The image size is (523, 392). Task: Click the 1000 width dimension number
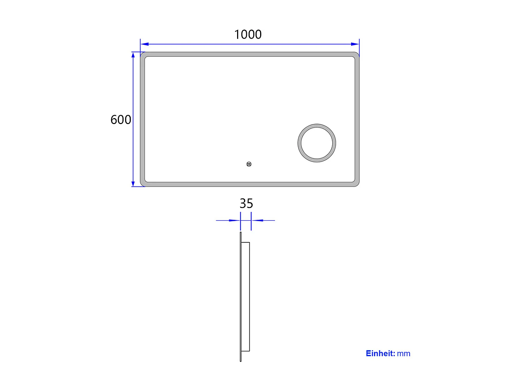(x=248, y=34)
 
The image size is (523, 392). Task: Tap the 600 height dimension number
(x=121, y=120)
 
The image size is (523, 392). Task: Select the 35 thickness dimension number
(x=246, y=203)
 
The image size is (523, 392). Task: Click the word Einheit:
(x=380, y=353)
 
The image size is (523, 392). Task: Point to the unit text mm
(x=404, y=353)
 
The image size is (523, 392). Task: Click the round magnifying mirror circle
(x=317, y=143)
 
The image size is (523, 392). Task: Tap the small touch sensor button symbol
(x=249, y=164)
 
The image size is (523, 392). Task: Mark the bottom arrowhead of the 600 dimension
(x=133, y=183)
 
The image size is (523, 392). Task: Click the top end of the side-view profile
(x=241, y=233)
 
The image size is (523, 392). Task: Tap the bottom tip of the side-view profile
(x=241, y=361)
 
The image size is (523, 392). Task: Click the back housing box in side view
(x=245, y=296)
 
